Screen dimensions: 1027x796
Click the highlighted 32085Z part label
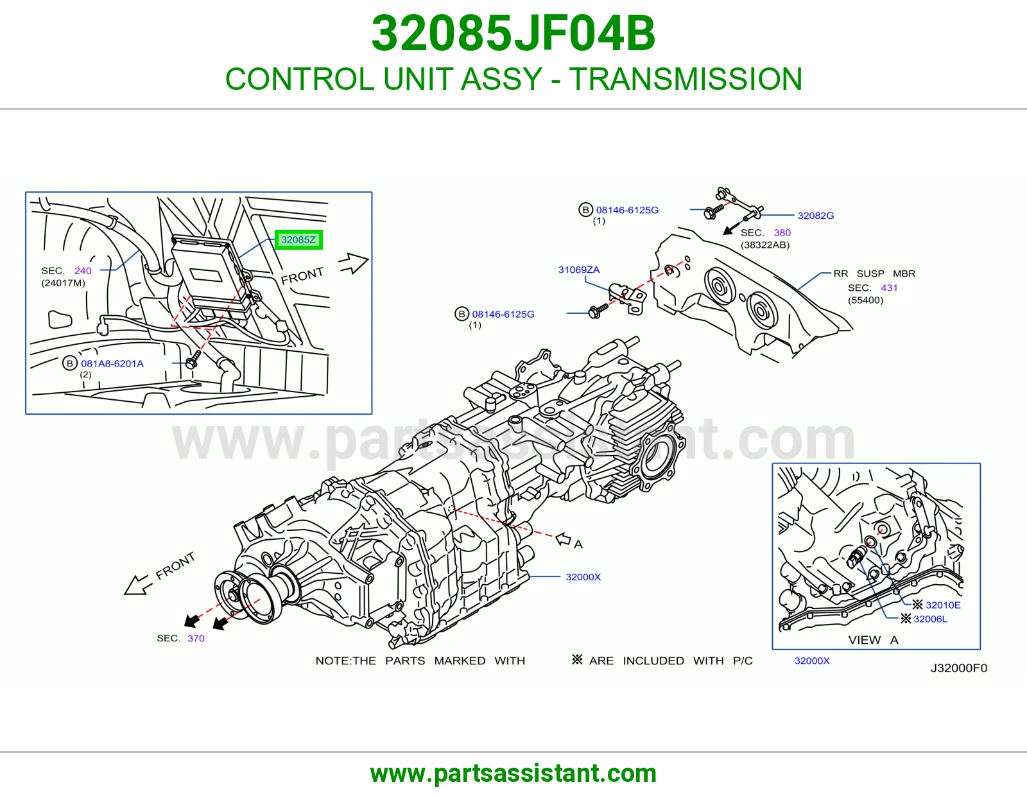[298, 239]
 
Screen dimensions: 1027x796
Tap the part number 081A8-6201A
[112, 363]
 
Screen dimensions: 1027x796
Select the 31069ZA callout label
[579, 270]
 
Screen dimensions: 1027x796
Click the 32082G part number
[816, 216]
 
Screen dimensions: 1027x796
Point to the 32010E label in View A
[943, 605]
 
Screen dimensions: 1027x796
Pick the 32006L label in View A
[930, 619]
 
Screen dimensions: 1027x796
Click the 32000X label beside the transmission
[583, 576]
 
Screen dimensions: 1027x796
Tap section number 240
[83, 271]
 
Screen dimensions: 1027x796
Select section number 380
[782, 232]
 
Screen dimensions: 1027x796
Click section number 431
[889, 288]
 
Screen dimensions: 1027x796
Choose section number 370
[196, 638]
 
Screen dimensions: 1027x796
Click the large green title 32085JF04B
[513, 33]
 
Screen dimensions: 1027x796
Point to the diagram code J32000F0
[959, 668]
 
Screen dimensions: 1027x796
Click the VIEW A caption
[874, 640]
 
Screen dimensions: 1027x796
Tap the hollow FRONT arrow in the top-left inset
[354, 263]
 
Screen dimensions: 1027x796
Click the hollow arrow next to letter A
[564, 539]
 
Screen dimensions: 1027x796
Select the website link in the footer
[513, 774]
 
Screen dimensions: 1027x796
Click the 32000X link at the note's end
[812, 661]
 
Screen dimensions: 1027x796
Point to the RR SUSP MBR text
[874, 273]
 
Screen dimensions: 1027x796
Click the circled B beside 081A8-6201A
[70, 363]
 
